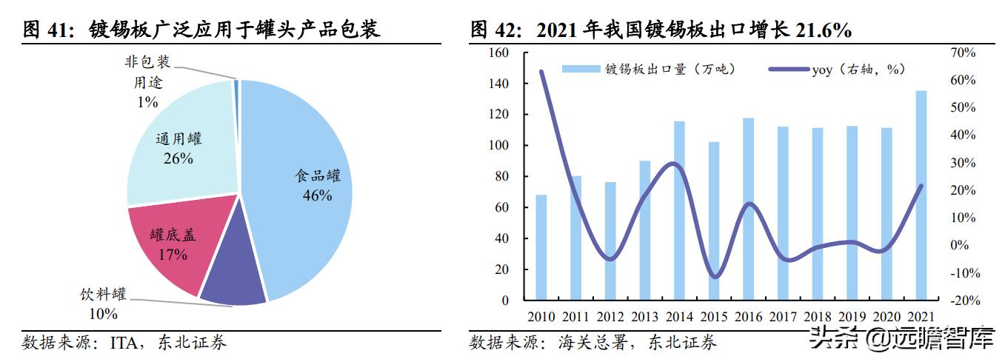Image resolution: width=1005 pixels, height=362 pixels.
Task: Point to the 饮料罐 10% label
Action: pos(103,304)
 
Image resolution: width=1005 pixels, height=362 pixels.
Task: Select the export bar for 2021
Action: pos(921,196)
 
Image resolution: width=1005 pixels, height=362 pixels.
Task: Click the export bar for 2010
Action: pos(541,248)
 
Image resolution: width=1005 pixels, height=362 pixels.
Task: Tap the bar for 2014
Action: pos(679,211)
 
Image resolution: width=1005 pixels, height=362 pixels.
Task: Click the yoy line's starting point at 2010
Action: pos(541,72)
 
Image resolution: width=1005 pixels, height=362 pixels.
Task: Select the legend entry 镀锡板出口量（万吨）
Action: pos(649,70)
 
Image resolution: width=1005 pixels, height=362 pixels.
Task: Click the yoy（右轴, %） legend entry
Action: pos(837,70)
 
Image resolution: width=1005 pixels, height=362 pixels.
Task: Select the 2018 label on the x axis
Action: pos(817,316)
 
